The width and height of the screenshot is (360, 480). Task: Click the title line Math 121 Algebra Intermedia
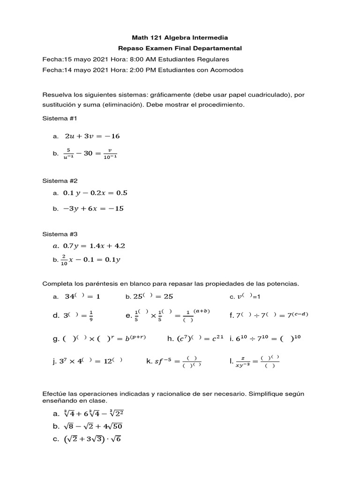[x=180, y=37]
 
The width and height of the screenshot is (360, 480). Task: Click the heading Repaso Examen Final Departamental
[x=180, y=48]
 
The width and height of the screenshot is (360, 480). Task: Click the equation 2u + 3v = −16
[x=92, y=136]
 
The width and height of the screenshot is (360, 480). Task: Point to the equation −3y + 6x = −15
[x=93, y=209]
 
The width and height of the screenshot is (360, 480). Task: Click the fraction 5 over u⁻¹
[x=68, y=153]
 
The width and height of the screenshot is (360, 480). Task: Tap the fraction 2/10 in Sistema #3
[x=64, y=260]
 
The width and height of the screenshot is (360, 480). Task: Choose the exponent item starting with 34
[x=82, y=296]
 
